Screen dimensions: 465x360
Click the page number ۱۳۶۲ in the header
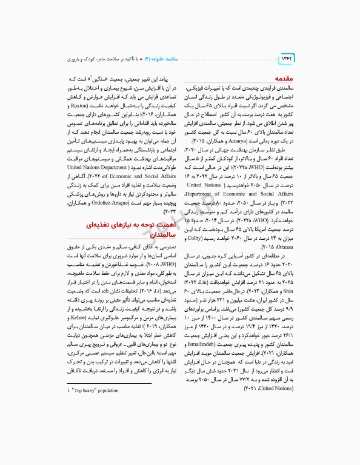(287, 58)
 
